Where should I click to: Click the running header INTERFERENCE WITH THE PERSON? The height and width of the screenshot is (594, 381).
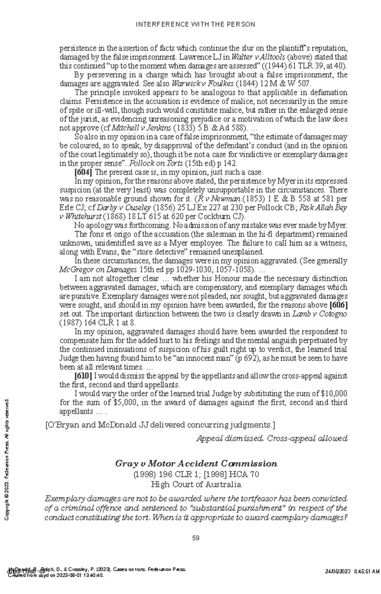click(195, 24)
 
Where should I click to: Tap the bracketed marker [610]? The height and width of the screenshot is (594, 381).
click(83, 376)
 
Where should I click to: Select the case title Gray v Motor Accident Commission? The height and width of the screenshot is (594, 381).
click(196, 464)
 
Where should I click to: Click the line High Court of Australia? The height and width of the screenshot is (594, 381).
click(196, 485)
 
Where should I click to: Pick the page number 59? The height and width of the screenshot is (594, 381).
click(196, 538)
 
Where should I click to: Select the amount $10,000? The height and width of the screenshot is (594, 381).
click(334, 394)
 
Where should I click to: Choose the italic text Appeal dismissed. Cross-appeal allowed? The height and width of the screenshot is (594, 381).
click(272, 439)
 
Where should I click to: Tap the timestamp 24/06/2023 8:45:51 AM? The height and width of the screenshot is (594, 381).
click(352, 580)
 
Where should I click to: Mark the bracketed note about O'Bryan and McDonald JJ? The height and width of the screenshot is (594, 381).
click(160, 425)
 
